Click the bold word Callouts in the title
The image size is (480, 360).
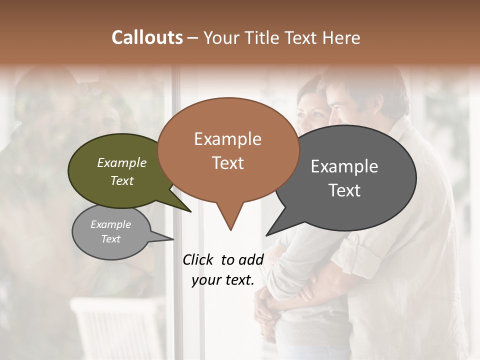click(x=147, y=37)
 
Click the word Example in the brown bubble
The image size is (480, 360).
click(x=227, y=139)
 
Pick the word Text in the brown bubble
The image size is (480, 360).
click(x=227, y=163)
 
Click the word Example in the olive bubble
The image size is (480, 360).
click(x=121, y=162)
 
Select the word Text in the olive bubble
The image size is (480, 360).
click(x=121, y=180)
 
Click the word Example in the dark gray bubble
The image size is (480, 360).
click(x=344, y=166)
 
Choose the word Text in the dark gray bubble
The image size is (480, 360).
click(x=344, y=190)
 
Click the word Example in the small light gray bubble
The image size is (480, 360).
click(x=110, y=224)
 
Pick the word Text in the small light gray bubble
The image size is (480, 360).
click(x=110, y=239)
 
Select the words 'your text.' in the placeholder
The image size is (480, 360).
click(x=223, y=280)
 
